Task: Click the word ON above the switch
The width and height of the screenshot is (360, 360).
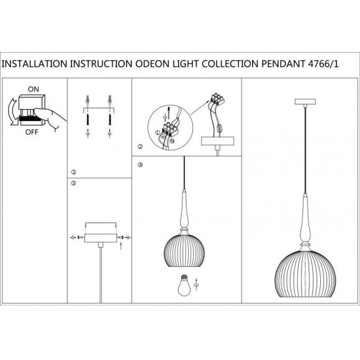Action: pyautogui.click(x=34, y=89)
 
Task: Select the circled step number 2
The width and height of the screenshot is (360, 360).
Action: pyautogui.click(x=140, y=148)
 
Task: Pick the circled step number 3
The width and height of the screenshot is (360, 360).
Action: pyautogui.click(x=73, y=184)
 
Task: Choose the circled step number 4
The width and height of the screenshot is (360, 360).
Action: pyautogui.click(x=140, y=164)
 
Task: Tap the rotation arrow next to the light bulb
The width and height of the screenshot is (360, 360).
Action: pyautogui.click(x=197, y=285)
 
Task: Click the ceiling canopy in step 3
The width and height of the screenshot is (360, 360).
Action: pyautogui.click(x=100, y=233)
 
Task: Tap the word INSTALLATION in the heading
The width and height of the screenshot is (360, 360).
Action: pyautogui.click(x=36, y=63)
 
